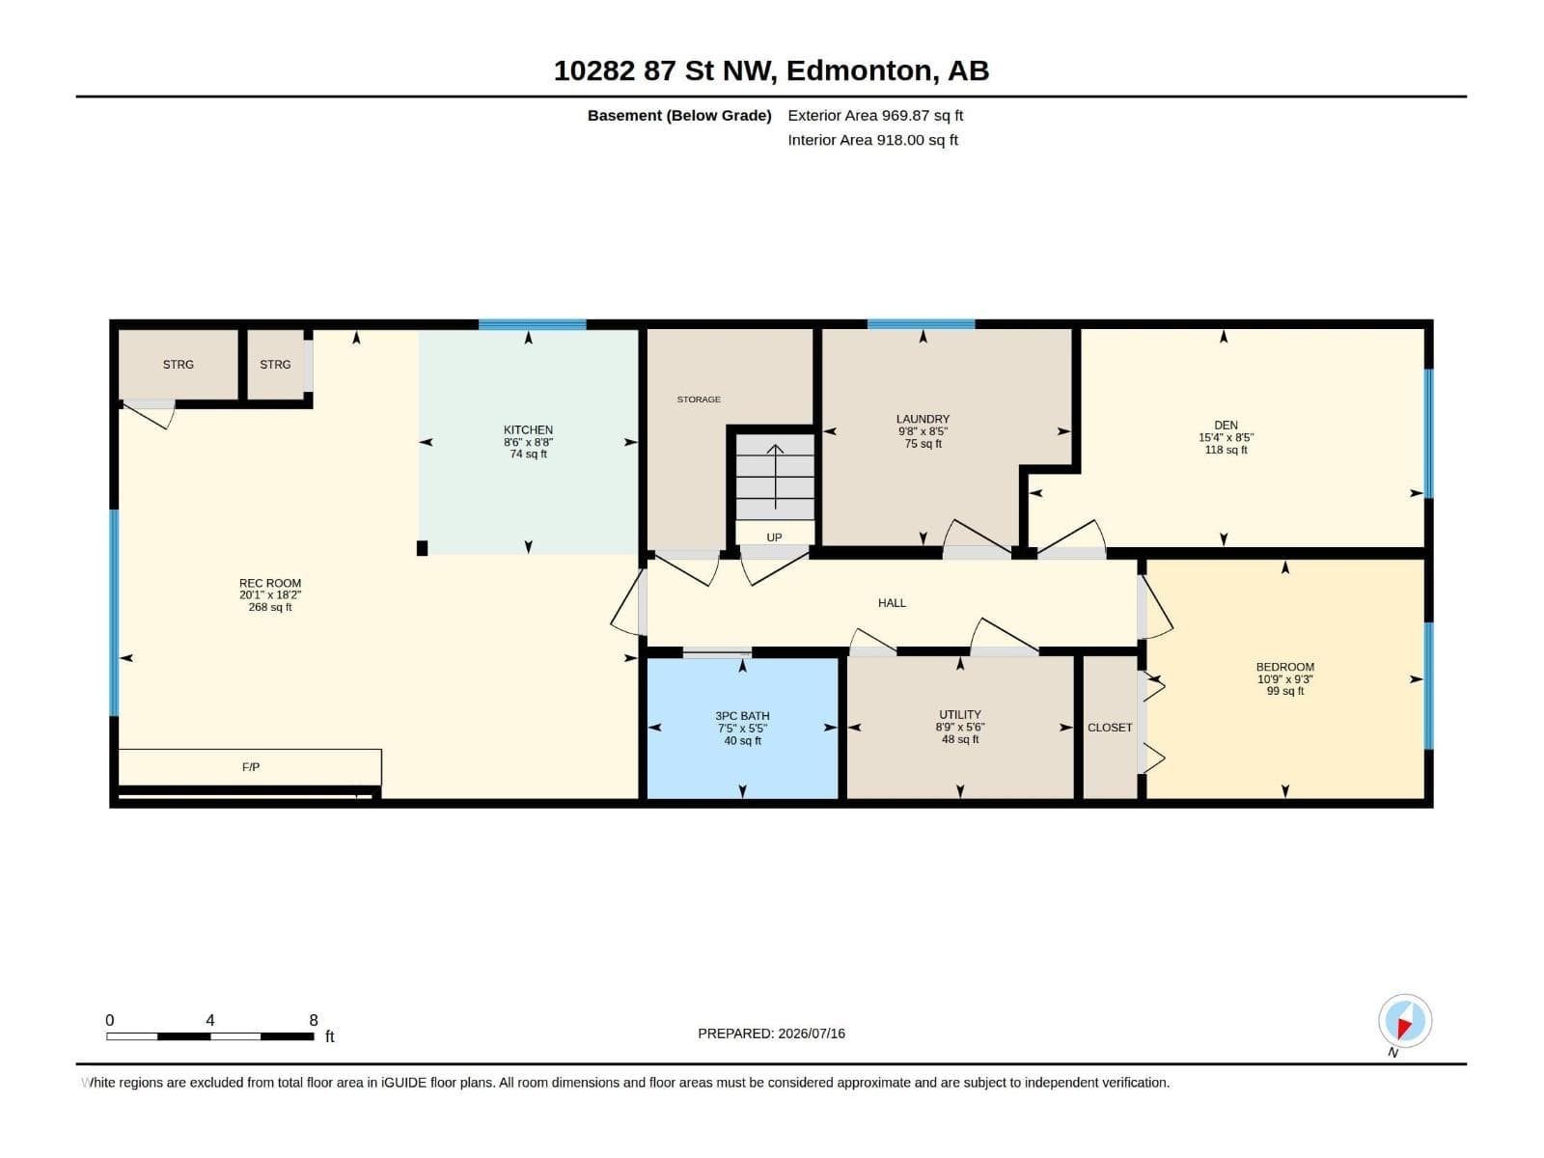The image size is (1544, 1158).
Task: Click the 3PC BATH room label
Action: (742, 716)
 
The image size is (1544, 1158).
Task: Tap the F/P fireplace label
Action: (250, 767)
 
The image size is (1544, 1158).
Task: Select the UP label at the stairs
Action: (774, 538)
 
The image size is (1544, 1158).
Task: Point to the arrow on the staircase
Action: (775, 477)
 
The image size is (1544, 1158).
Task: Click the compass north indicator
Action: (1405, 1021)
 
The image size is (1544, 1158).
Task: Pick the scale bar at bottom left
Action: (210, 1036)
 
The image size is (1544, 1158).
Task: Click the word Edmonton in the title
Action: (860, 70)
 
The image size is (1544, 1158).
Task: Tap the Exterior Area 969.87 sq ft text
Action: (875, 115)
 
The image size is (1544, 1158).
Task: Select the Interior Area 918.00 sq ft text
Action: (873, 140)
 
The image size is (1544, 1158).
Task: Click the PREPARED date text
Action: (772, 1034)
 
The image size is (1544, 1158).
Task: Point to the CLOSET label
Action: (1110, 728)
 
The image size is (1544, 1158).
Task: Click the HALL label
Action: (892, 602)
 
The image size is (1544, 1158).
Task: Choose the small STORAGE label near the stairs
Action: (699, 400)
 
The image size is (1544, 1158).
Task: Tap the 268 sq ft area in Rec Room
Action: (270, 608)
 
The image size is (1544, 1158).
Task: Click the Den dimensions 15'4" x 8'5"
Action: (1227, 437)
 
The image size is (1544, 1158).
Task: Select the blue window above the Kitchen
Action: (533, 324)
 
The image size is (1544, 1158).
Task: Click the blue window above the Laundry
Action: (921, 324)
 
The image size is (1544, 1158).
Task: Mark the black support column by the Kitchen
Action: (422, 548)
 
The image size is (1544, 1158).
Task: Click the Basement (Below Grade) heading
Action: (679, 115)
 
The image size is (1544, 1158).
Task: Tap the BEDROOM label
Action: (1285, 667)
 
